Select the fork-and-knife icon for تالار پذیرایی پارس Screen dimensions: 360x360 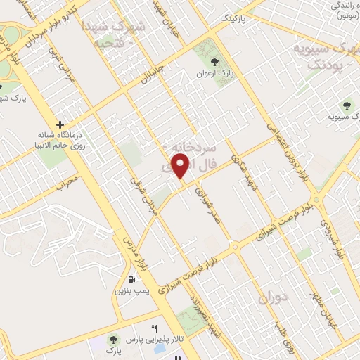coord(155,328)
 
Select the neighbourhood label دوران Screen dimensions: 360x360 coord(274,298)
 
